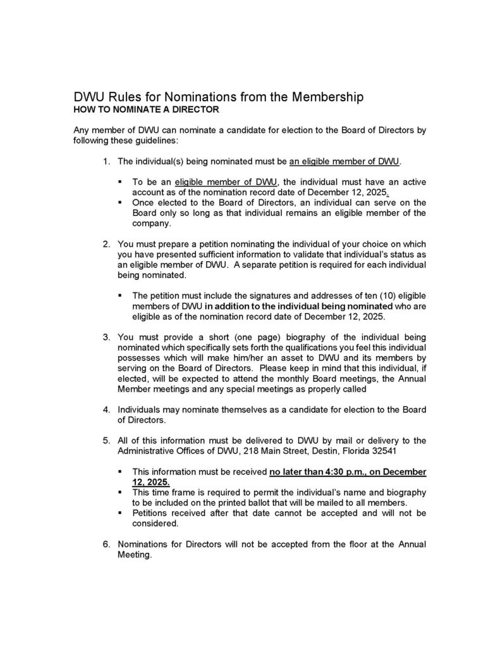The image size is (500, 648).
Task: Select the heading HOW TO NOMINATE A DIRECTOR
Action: tap(147, 109)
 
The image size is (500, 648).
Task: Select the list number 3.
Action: tap(107, 336)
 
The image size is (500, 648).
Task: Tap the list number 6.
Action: tap(107, 544)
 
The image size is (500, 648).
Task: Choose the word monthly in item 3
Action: tap(273, 378)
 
